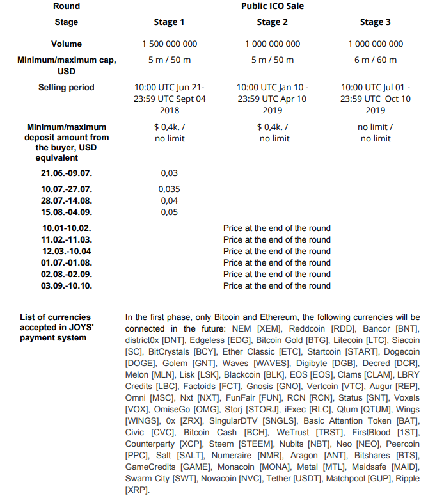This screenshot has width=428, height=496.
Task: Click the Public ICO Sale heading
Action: tap(272, 6)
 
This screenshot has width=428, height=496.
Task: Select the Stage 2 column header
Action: tap(272, 22)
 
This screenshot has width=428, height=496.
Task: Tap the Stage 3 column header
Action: tap(375, 22)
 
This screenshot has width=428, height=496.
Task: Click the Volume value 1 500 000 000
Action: tap(169, 44)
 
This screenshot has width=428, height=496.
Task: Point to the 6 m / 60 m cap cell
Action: tap(375, 60)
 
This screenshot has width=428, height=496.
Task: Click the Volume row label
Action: tap(67, 44)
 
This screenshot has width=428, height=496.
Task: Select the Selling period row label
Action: tap(67, 88)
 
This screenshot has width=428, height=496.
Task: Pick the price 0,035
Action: tap(169, 189)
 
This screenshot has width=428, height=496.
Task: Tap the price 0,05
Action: tap(169, 212)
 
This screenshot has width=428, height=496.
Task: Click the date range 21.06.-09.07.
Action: tap(67, 173)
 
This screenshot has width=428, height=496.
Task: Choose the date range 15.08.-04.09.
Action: tap(67, 212)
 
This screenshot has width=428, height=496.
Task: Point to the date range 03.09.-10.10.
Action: tap(67, 285)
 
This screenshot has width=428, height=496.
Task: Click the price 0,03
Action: tap(169, 173)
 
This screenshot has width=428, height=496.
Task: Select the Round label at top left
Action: tap(67, 6)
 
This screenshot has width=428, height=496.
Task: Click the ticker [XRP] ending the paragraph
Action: tap(137, 490)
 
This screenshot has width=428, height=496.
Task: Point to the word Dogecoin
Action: tap(401, 351)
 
